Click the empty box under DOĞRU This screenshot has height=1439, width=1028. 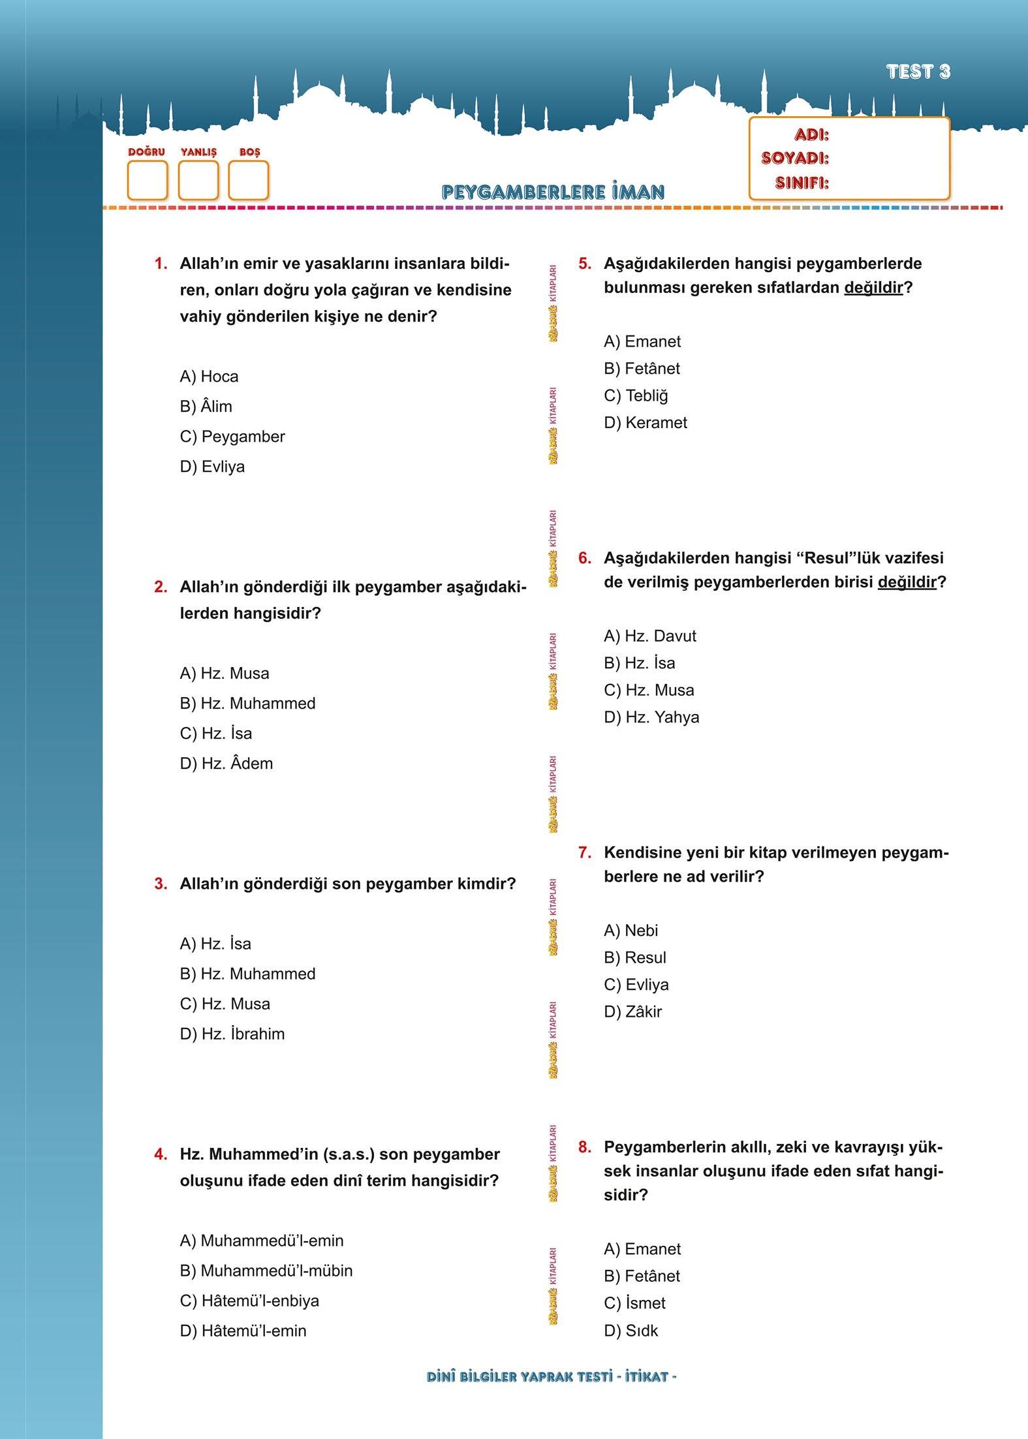coord(147,180)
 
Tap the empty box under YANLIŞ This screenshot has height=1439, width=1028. coord(198,180)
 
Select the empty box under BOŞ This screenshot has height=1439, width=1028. coord(249,180)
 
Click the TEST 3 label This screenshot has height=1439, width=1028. coord(918,72)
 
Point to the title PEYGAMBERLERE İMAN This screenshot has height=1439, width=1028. coord(553,192)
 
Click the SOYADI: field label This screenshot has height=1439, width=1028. coord(794,159)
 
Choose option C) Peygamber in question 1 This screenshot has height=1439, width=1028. coord(232,437)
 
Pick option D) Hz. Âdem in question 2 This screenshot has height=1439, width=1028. coord(226,764)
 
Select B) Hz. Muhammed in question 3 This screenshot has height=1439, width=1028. coord(247,974)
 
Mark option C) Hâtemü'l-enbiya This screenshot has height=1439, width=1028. coord(249,1301)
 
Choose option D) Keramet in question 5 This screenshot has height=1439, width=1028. coord(646,423)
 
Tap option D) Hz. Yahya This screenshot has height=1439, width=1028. coord(651,717)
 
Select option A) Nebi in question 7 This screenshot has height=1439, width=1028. coord(631,931)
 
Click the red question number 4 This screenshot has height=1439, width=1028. coord(161,1154)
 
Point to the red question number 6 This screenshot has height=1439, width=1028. coord(584,558)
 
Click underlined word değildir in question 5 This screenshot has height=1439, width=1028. coord(873,288)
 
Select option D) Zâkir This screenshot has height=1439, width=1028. coord(632,1012)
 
